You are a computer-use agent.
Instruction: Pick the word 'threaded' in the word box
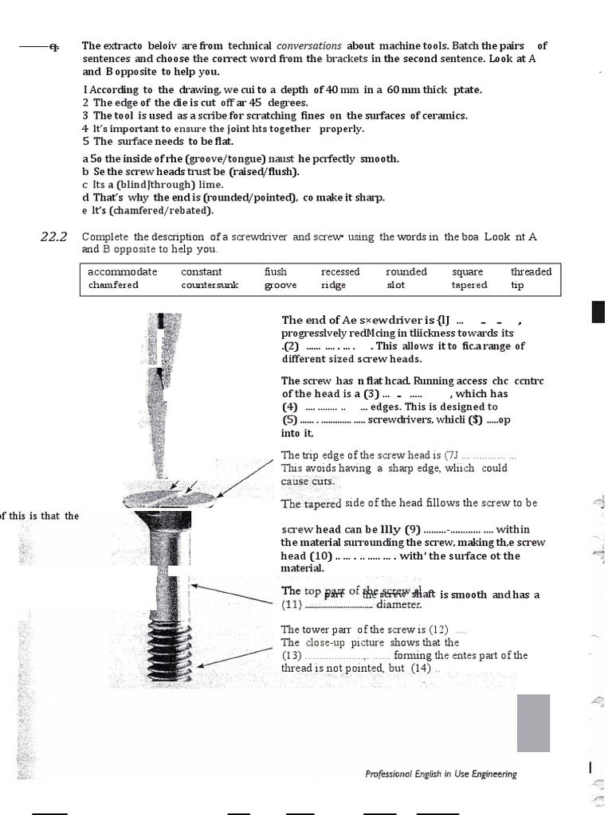531,271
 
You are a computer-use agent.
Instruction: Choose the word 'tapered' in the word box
469,285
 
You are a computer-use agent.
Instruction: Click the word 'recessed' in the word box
340,271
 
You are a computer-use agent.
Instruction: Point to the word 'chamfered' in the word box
113,285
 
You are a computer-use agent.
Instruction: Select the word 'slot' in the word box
396,285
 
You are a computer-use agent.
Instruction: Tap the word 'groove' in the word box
280,285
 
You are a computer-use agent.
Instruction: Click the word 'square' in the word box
467,271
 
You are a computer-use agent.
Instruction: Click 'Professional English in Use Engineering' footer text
441,774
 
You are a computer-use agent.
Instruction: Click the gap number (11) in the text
291,605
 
